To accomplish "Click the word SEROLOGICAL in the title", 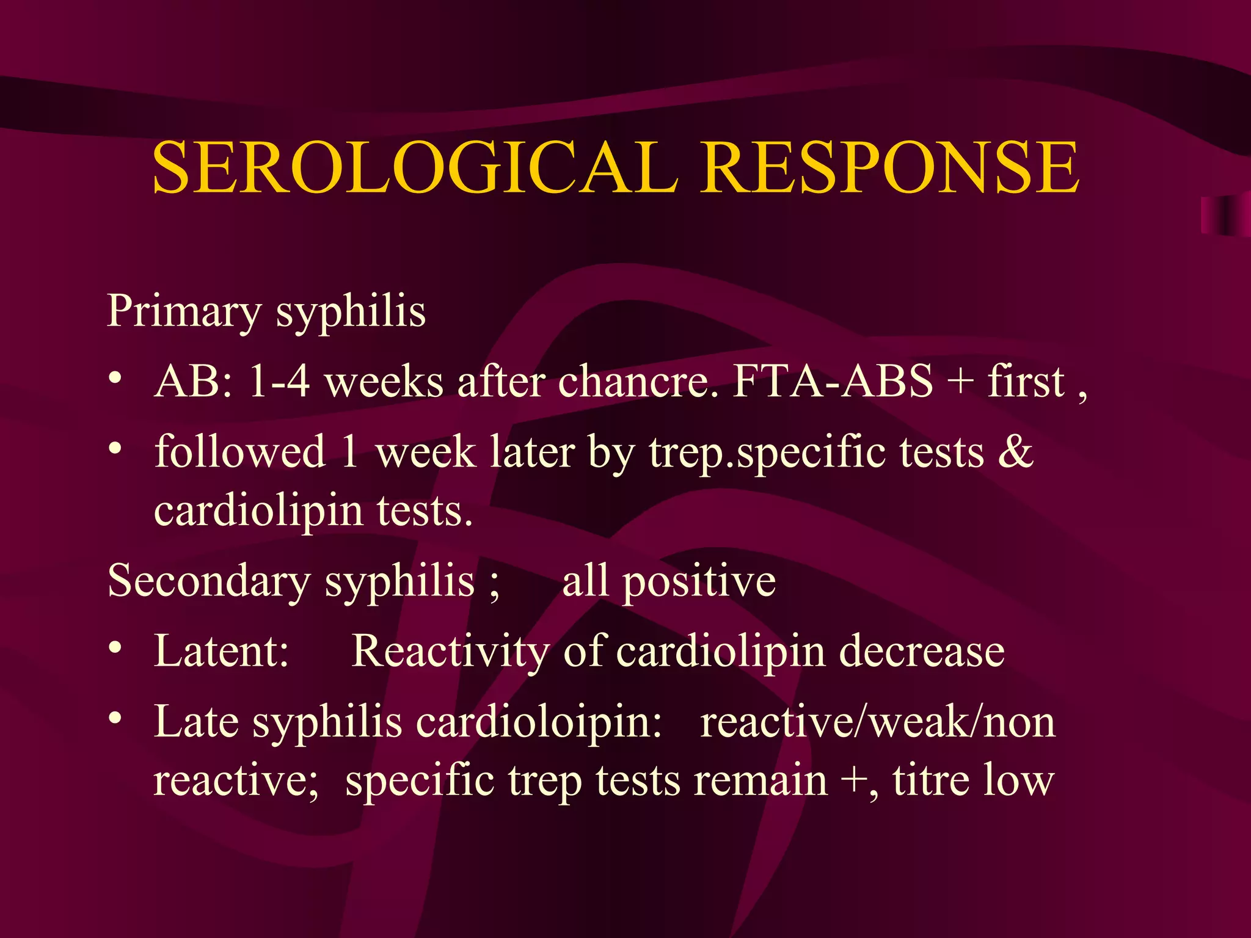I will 415,167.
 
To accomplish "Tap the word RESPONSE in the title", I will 890,167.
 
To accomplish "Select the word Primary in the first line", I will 184,311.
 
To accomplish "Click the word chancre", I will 638,382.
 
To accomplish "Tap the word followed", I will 239,452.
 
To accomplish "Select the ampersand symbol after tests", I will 1015,452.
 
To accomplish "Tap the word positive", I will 699,581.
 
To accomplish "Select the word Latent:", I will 221,651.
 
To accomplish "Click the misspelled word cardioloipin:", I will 539,722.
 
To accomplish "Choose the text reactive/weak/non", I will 877,722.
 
